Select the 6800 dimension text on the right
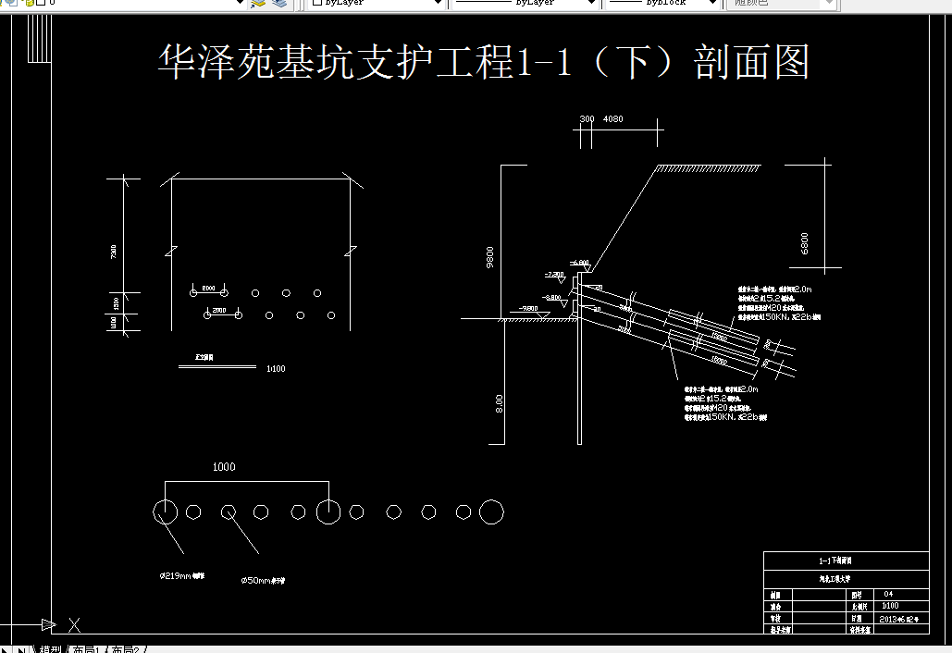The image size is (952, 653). pyautogui.click(x=805, y=243)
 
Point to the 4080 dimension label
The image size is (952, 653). pyautogui.click(x=612, y=119)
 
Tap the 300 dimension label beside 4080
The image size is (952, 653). pyautogui.click(x=587, y=119)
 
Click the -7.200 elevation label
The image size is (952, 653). pyautogui.click(x=554, y=275)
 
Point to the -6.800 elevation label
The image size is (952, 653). pyautogui.click(x=580, y=263)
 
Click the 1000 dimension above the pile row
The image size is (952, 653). pyautogui.click(x=224, y=467)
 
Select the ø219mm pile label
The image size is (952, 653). pyautogui.click(x=181, y=575)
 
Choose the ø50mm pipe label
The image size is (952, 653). pyautogui.click(x=263, y=581)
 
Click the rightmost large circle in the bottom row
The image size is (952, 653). pyautogui.click(x=492, y=511)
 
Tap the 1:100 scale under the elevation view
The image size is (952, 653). pyautogui.click(x=276, y=369)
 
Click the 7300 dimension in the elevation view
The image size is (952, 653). pyautogui.click(x=113, y=253)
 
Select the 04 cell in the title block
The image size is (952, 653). pyautogui.click(x=888, y=594)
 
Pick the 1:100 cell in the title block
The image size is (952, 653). pyautogui.click(x=889, y=606)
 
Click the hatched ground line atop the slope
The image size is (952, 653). pyautogui.click(x=708, y=168)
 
